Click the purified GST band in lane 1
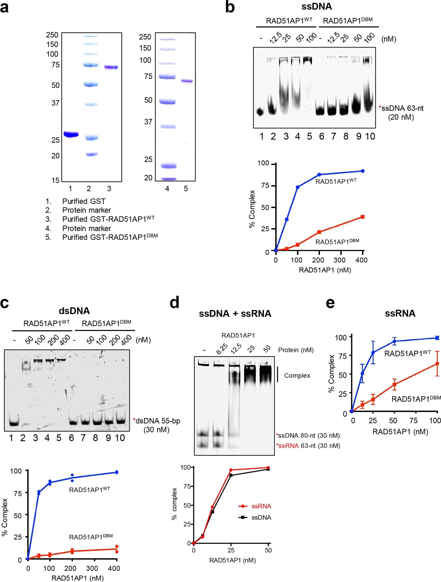(x=70, y=135)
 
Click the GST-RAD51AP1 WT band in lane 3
(x=111, y=67)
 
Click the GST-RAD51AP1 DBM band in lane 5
(x=187, y=81)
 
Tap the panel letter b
(x=230, y=7)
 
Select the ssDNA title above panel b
(x=317, y=6)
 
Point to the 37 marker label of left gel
(x=55, y=103)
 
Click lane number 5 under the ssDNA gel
(x=309, y=136)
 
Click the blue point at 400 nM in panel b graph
(x=363, y=171)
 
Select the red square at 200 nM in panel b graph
(x=319, y=232)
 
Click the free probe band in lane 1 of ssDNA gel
(x=260, y=112)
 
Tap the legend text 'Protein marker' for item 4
(x=87, y=228)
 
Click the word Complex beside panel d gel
(x=297, y=375)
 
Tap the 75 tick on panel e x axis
(x=413, y=420)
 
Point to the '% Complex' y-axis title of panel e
(x=331, y=374)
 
